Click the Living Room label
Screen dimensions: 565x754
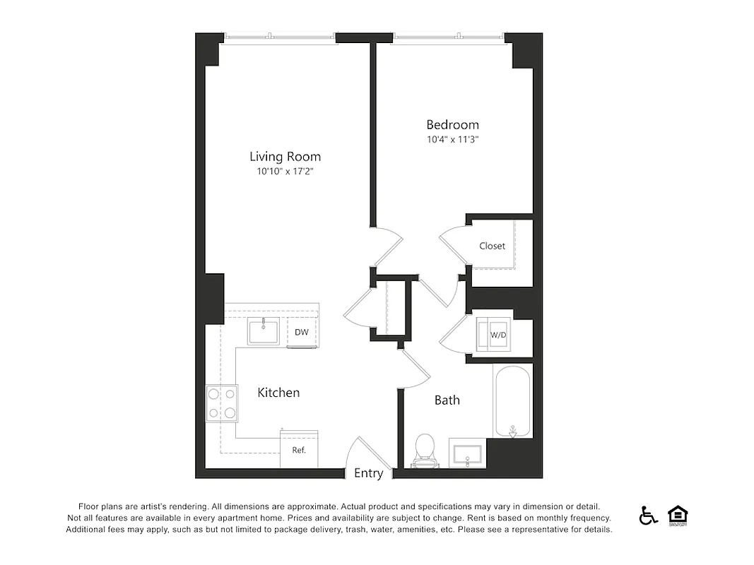(285, 157)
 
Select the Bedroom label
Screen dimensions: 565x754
(452, 125)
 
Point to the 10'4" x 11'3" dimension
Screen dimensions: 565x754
(452, 140)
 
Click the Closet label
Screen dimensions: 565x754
(492, 246)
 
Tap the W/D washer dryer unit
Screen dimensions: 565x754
(498, 335)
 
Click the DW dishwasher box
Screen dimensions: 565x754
(301, 332)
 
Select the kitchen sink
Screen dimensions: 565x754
(263, 331)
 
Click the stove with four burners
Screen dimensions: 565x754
(220, 404)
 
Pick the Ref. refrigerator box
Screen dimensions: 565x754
(299, 449)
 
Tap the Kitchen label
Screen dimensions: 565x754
(278, 393)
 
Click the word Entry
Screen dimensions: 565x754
(368, 473)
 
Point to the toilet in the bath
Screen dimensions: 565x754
(425, 451)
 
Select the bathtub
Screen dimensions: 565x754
(512, 401)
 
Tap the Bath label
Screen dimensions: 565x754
(447, 400)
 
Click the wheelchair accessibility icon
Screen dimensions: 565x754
(647, 516)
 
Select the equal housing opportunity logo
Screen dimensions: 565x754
(678, 515)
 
